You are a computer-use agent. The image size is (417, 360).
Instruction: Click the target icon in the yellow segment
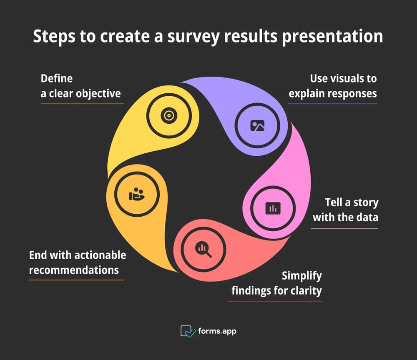click(x=168, y=115)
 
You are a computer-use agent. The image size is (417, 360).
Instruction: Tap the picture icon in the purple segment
click(x=257, y=125)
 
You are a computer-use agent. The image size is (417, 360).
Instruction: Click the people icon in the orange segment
click(x=136, y=194)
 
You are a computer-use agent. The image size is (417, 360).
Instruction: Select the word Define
click(x=57, y=79)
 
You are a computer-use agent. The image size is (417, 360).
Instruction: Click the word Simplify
click(x=301, y=276)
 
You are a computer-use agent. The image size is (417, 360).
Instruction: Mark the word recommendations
click(x=74, y=270)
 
